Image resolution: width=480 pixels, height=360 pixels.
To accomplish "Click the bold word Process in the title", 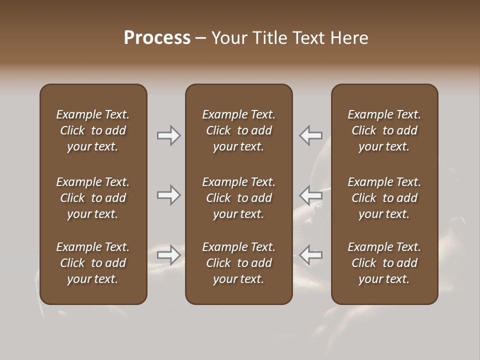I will click(157, 38).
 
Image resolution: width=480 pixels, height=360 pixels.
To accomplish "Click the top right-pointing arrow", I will click(169, 135).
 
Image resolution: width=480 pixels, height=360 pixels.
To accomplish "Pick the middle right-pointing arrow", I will click(169, 195).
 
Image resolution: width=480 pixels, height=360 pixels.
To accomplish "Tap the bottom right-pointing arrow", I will click(169, 255).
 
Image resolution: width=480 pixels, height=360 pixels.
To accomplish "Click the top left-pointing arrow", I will click(311, 135).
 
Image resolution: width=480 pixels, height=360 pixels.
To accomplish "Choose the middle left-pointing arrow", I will click(311, 195).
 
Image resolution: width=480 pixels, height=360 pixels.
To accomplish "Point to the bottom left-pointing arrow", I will click(311, 255).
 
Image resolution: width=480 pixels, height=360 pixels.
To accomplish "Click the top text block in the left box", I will click(93, 130).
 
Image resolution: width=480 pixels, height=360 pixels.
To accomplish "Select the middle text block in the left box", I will click(93, 198).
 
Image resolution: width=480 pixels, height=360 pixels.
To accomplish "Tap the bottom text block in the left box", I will click(93, 263).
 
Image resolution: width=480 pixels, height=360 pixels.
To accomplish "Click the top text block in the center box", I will click(238, 130).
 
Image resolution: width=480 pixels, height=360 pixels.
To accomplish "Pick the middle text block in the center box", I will click(238, 198).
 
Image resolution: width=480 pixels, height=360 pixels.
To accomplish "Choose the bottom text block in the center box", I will click(238, 263).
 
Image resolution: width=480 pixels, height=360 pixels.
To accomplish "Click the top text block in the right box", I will click(384, 130).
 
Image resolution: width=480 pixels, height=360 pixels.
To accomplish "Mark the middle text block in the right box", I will click(384, 198).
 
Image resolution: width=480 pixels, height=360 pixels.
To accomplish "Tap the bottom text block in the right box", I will click(384, 263).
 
